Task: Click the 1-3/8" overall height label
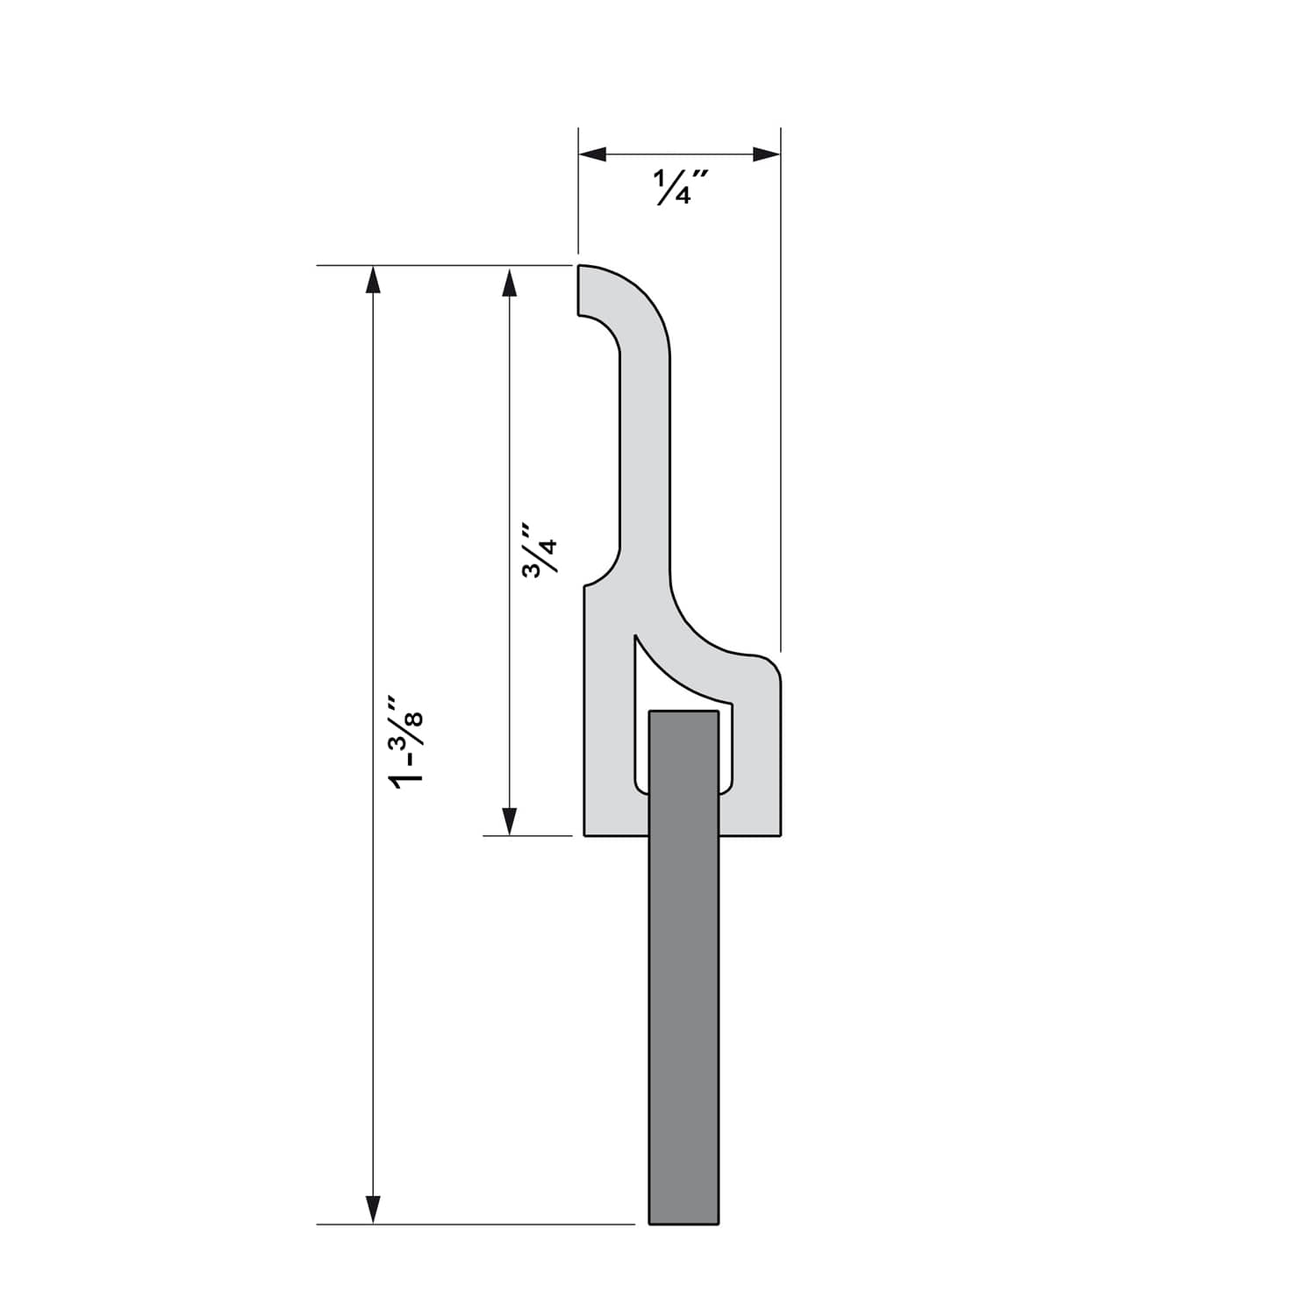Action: [408, 744]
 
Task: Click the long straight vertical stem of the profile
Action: [645, 456]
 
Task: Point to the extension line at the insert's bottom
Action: [474, 1223]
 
